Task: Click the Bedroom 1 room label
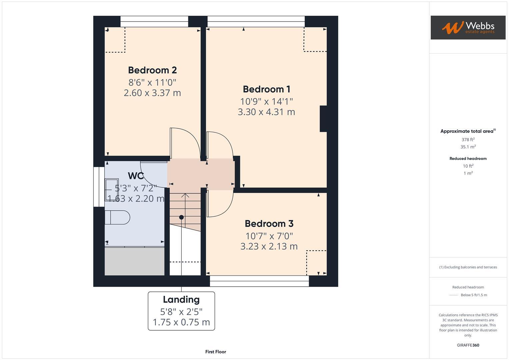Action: click(x=266, y=89)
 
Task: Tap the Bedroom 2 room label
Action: click(x=152, y=70)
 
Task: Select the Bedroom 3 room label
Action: click(x=269, y=224)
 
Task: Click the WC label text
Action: click(x=136, y=176)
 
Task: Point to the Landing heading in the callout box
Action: click(x=181, y=300)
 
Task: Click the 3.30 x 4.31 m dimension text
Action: click(x=266, y=112)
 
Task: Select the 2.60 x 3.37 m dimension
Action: click(x=152, y=93)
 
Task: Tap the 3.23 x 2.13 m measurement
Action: click(x=269, y=246)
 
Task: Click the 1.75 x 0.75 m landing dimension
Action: click(x=181, y=322)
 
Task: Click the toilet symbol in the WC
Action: click(x=117, y=217)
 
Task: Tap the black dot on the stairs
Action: click(x=181, y=217)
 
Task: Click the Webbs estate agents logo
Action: click(x=468, y=28)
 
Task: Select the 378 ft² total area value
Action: click(x=468, y=140)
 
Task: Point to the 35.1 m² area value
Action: click(x=468, y=147)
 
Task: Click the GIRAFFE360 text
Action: click(x=468, y=345)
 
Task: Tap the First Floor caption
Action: click(x=216, y=352)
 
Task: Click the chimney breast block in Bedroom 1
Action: click(x=323, y=119)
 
